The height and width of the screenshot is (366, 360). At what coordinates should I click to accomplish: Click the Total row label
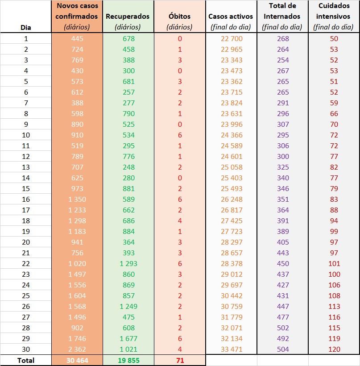click(26, 360)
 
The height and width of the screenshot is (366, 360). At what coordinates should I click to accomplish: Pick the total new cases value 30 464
click(77, 360)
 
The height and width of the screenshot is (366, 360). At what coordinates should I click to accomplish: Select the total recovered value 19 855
click(128, 360)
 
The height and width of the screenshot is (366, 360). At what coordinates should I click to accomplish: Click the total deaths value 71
click(180, 360)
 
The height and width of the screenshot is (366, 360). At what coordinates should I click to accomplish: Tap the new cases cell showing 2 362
click(77, 349)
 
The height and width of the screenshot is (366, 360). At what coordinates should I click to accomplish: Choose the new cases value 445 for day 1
click(77, 38)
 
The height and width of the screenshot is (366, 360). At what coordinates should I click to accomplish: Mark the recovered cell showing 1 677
click(128, 338)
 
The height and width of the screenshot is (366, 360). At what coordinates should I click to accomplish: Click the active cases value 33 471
click(231, 349)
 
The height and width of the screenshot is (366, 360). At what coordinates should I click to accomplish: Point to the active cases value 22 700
click(231, 38)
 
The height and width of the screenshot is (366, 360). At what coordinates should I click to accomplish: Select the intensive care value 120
click(334, 349)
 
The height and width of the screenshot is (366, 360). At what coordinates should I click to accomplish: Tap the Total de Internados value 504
click(283, 349)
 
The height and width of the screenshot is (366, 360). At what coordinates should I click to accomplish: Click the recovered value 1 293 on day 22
click(128, 263)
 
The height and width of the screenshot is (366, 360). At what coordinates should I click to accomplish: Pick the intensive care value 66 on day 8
click(334, 113)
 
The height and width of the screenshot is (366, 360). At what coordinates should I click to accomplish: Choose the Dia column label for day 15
click(26, 188)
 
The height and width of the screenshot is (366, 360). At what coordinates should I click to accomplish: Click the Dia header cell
click(26, 27)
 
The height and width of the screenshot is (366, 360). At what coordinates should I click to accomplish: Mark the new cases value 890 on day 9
click(77, 124)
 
